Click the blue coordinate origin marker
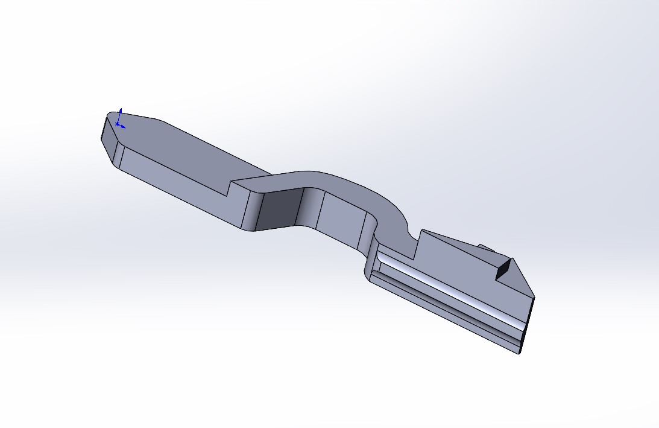(118, 124)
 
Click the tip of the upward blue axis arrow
(121, 109)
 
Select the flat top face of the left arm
(181, 151)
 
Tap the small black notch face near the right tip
(503, 270)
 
